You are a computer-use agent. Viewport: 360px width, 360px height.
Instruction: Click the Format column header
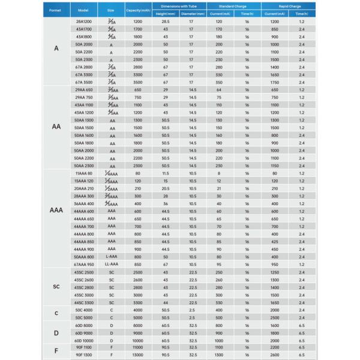tap(56, 10)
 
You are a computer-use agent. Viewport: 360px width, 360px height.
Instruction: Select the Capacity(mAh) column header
tap(137, 10)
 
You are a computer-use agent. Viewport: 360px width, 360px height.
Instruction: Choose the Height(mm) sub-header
tap(165, 14)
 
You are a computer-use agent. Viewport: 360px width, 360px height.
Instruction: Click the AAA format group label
tap(56, 211)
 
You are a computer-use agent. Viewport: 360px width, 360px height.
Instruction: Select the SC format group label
tap(56, 286)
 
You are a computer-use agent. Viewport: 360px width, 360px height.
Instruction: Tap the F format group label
tap(56, 350)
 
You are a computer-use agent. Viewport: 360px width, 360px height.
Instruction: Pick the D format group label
tap(56, 332)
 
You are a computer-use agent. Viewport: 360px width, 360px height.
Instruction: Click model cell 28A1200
tap(83, 22)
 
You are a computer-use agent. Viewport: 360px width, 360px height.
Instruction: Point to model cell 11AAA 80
tap(83, 173)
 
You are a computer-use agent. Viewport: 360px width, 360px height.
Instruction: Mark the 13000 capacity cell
tap(137, 355)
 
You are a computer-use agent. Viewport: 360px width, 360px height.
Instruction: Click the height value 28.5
tap(165, 22)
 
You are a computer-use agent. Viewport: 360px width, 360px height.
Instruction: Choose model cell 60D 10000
tap(83, 340)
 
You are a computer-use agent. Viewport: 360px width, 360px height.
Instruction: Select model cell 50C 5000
tap(83, 317)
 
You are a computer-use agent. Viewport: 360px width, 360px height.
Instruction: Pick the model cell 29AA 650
tap(83, 89)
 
